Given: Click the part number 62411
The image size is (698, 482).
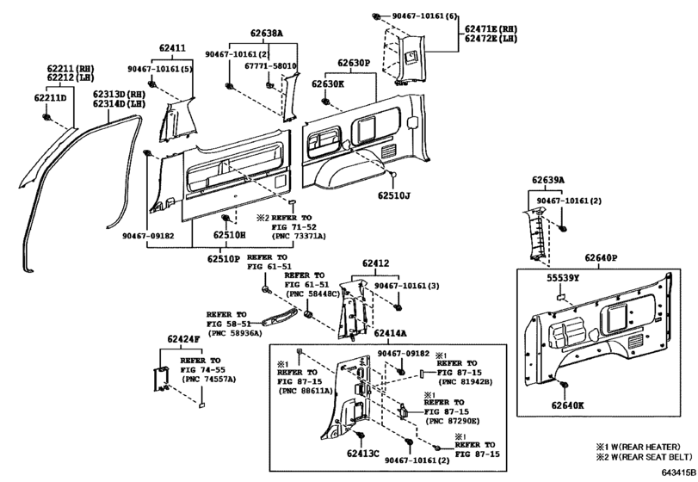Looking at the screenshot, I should tap(172, 49).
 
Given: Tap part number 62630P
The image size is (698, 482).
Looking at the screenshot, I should tap(353, 63).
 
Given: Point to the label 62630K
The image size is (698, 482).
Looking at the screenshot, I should tap(328, 84).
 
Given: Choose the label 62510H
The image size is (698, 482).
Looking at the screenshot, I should tap(230, 233).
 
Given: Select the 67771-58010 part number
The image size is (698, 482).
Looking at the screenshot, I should tap(269, 65).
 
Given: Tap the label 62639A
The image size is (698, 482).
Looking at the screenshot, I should tap(547, 181).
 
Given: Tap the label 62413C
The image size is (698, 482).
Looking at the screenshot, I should tap(363, 452).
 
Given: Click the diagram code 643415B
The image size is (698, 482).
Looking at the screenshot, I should tap(679, 473).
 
